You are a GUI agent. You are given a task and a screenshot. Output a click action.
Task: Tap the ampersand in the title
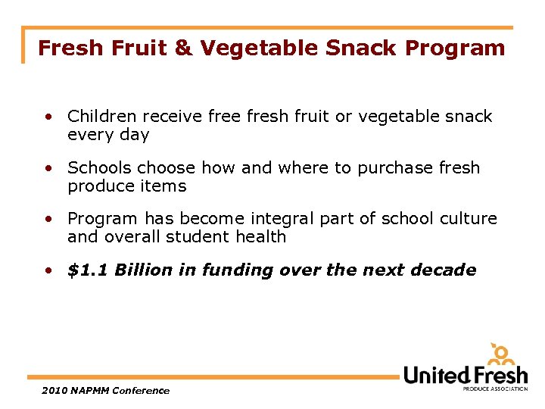point(184,48)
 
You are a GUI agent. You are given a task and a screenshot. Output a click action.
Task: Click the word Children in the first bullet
point(101,117)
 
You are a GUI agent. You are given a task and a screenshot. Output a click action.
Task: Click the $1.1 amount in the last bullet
point(89,270)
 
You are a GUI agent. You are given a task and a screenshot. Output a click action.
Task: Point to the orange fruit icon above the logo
point(501,354)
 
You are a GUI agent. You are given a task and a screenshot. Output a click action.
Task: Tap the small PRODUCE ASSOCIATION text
point(495,389)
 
